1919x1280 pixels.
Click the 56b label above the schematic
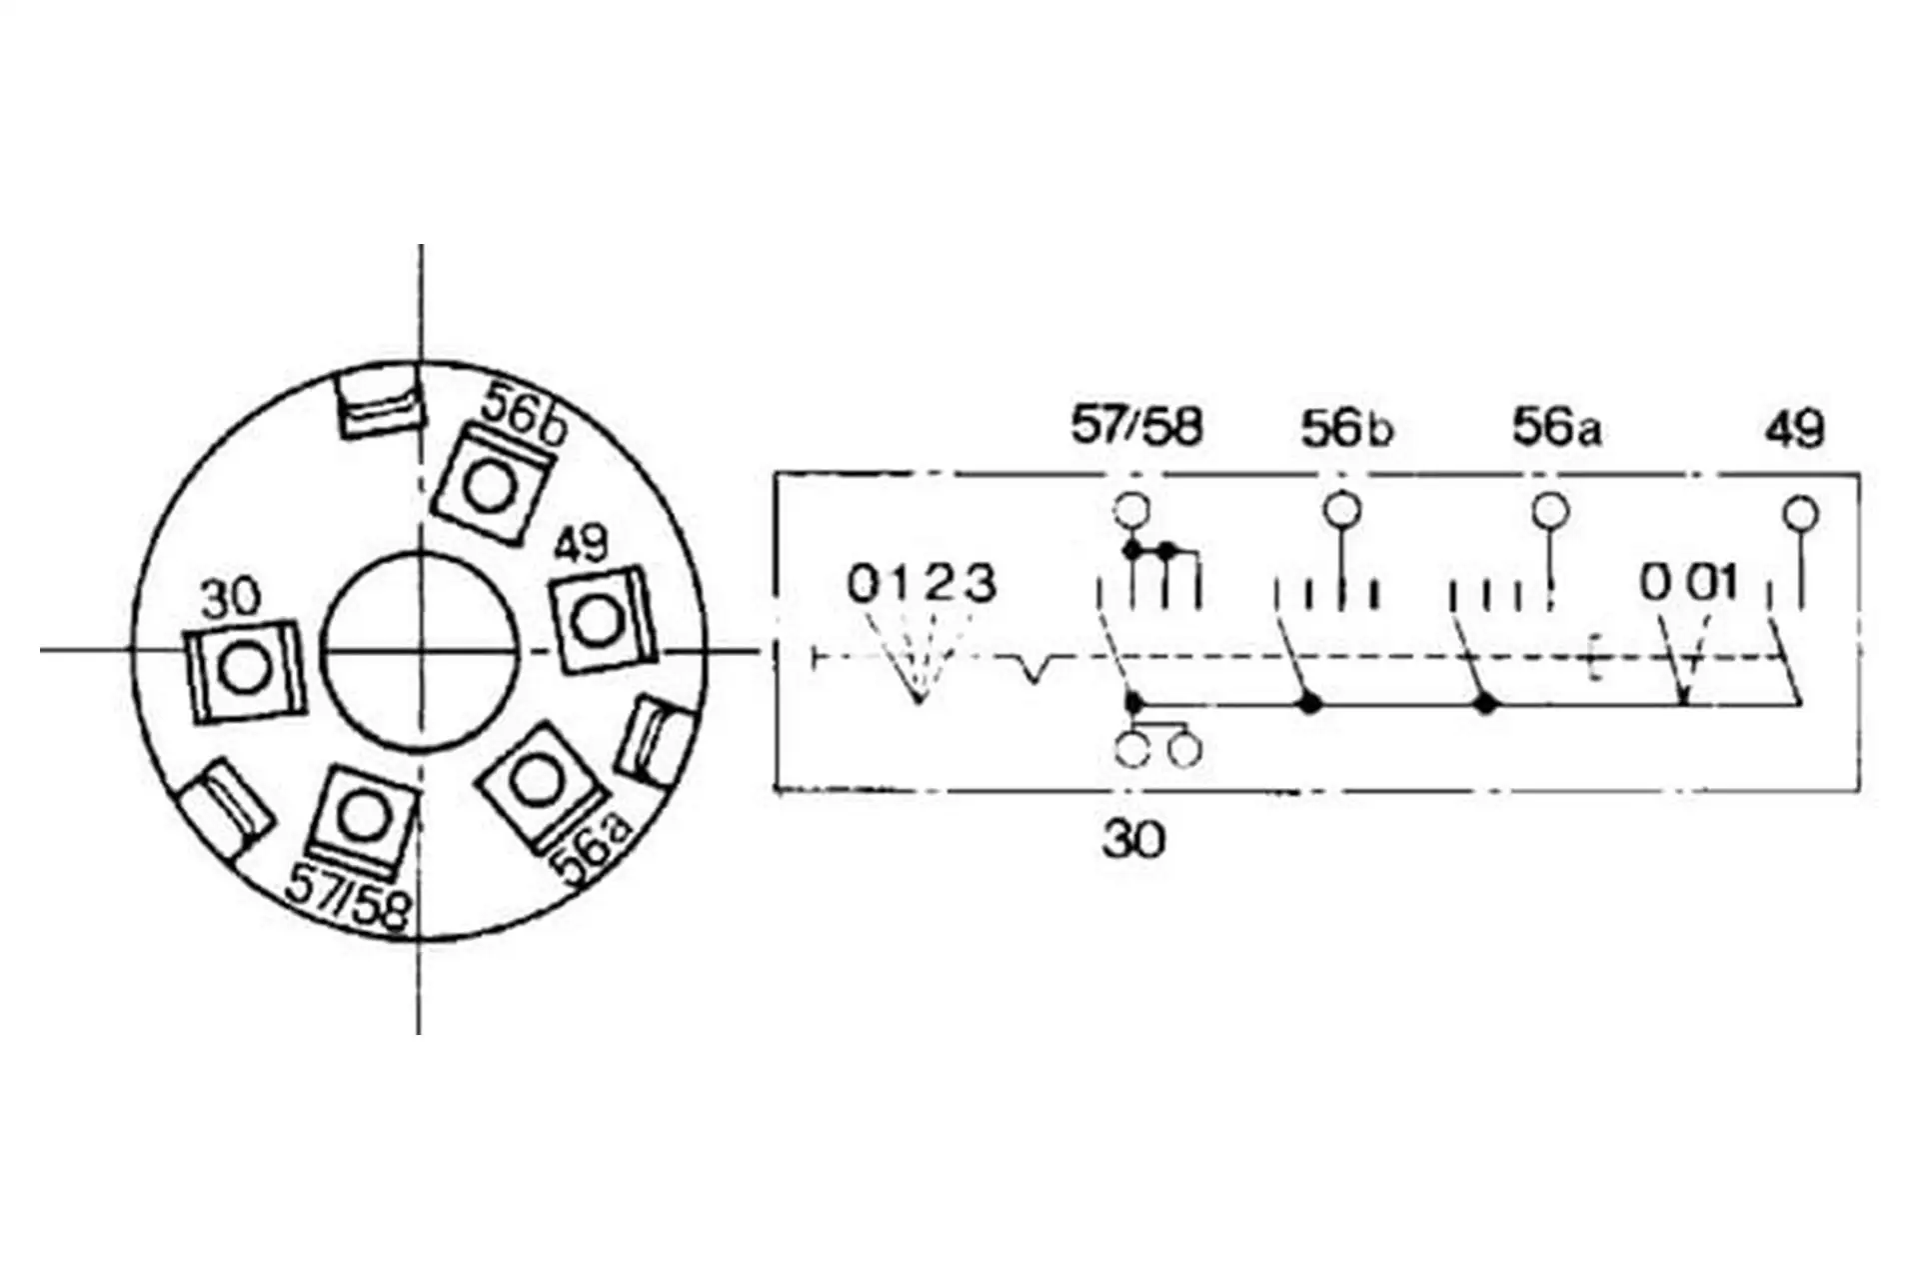(x=1345, y=428)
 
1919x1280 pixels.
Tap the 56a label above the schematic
(x=1556, y=427)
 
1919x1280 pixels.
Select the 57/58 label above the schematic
(x=1136, y=426)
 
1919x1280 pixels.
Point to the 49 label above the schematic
(x=1794, y=428)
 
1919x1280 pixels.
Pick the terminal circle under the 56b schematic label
(x=1341, y=510)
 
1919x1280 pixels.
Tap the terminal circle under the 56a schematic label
(x=1550, y=511)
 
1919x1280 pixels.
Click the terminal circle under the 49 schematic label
(x=1801, y=514)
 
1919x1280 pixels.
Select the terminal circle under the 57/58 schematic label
(x=1131, y=510)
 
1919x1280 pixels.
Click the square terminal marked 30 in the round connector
(x=243, y=669)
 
